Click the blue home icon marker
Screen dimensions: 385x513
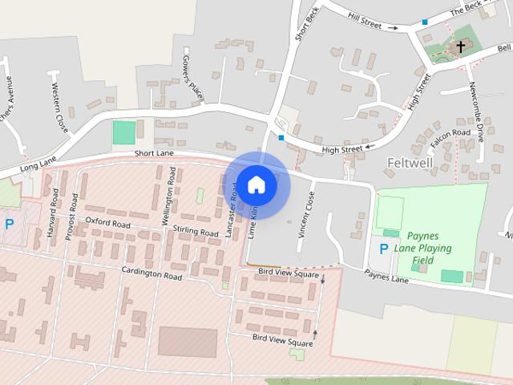pyautogui.click(x=256, y=184)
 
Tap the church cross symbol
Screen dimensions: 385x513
pyautogui.click(x=460, y=47)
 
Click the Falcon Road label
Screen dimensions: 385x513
pyautogui.click(x=450, y=133)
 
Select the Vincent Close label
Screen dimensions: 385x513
pyautogui.click(x=305, y=212)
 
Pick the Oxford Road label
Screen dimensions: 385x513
pyautogui.click(x=107, y=224)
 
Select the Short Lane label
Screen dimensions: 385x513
pyautogui.click(x=155, y=153)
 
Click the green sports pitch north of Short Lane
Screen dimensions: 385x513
pyautogui.click(x=124, y=132)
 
